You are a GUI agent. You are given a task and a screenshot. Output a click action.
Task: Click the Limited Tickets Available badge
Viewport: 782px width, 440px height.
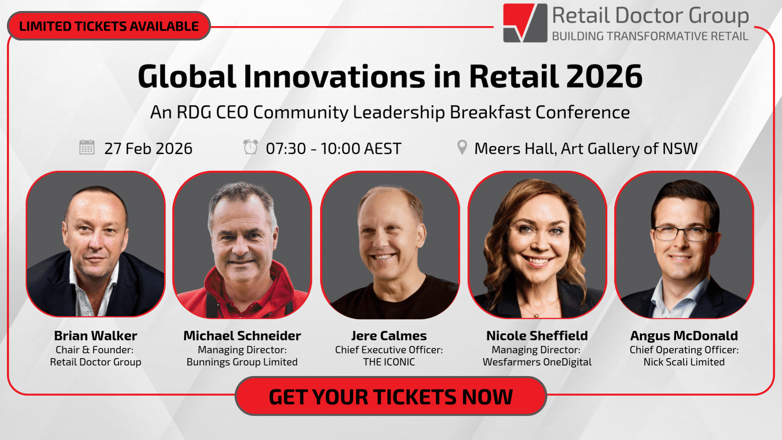[109, 26]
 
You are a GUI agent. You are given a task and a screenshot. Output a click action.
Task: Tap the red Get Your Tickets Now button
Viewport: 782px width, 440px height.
[391, 396]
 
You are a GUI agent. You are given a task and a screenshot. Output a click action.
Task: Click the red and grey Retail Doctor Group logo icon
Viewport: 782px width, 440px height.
[525, 23]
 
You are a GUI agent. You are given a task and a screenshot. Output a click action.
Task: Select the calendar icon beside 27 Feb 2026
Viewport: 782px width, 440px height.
[87, 147]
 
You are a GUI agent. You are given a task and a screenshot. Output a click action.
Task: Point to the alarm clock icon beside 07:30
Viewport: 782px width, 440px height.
[250, 147]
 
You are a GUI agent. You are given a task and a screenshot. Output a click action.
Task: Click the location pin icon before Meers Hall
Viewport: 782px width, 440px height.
[462, 147]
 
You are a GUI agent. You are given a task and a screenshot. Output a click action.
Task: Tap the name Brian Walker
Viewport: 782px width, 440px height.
[96, 336]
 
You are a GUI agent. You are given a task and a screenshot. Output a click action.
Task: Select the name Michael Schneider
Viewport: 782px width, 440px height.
[242, 336]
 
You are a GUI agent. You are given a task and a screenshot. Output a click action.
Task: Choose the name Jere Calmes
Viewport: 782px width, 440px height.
[389, 336]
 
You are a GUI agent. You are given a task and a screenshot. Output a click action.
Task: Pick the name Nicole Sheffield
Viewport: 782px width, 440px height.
[537, 336]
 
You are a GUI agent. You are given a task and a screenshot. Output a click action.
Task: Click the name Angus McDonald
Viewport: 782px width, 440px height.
[684, 336]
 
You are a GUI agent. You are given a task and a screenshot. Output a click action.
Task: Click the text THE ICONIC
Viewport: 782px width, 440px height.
[389, 362]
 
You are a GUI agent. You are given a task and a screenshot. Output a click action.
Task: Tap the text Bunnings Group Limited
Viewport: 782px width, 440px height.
[242, 362]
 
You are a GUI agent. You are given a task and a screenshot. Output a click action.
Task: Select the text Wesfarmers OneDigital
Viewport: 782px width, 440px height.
[537, 362]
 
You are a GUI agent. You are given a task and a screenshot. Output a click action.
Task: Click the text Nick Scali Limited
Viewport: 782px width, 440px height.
[684, 362]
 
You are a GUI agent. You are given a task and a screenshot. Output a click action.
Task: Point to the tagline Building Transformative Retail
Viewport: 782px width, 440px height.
[650, 36]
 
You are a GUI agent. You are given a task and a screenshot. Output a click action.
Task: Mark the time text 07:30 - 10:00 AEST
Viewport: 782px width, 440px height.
[334, 149]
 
